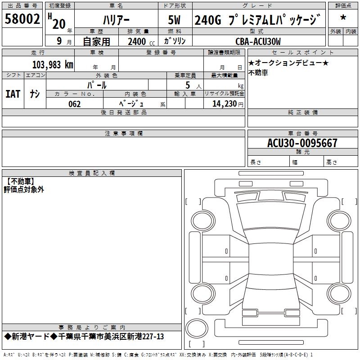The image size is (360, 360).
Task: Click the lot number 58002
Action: pos(22,18)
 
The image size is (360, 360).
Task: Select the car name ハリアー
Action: pos(116,20)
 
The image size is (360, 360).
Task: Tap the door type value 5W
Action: pos(175,20)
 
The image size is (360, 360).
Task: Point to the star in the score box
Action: pos(343,17)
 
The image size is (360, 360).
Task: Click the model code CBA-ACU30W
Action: pos(258,41)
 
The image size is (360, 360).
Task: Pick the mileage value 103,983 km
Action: pos(53,65)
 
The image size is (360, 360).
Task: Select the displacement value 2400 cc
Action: pos(141,41)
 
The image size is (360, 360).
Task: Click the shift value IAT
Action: pos(13,94)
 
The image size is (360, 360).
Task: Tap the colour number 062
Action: pos(75,104)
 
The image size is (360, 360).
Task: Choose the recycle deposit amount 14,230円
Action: pos(228,104)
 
